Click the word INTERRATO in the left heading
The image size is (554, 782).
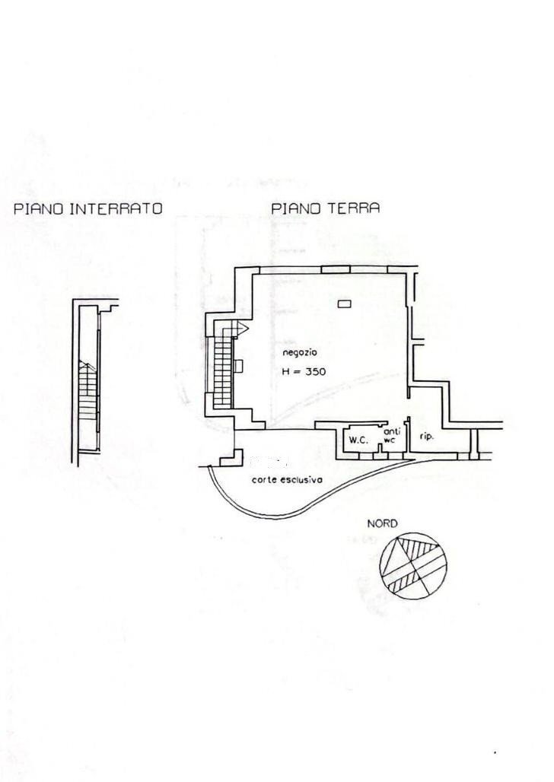point(116,208)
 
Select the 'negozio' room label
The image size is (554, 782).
point(299,353)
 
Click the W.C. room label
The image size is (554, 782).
point(358,440)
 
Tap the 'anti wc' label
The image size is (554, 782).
point(390,435)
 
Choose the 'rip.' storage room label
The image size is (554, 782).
point(426,437)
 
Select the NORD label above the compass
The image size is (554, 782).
point(382,524)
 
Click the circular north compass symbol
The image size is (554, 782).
point(415,565)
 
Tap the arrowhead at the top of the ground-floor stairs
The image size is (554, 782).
point(243,327)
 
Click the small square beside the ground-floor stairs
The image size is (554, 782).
point(239,366)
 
